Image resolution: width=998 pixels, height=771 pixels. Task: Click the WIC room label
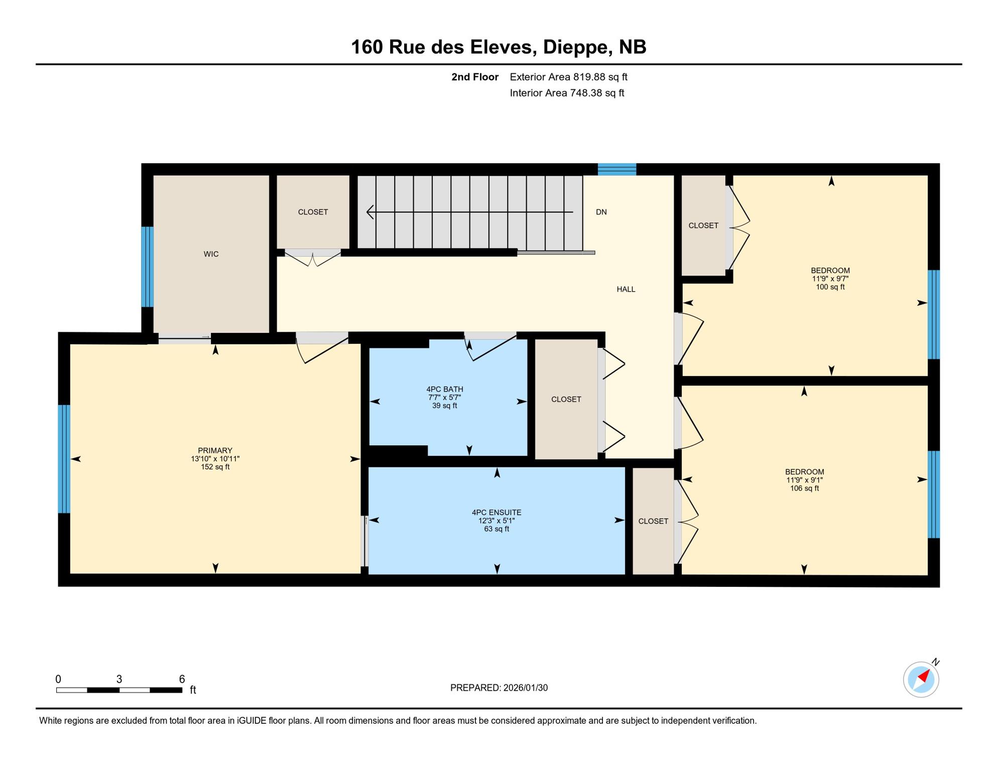tap(211, 254)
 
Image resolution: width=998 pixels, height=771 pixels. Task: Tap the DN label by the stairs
tap(601, 212)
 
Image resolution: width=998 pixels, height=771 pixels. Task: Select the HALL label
tap(626, 289)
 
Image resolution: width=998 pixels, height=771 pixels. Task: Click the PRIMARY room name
tap(215, 450)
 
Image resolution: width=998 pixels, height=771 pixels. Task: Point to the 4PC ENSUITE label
tap(496, 512)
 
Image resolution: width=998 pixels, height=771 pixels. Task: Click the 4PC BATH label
tap(444, 389)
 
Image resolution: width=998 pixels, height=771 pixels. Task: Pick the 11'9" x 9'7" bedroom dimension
tap(830, 279)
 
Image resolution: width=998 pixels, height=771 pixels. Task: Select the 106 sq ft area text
tap(804, 488)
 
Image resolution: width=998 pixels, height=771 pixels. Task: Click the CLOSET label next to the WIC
tap(313, 212)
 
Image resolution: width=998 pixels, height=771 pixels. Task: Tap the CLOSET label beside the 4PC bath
tap(566, 400)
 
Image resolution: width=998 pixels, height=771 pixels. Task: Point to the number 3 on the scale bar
tap(119, 679)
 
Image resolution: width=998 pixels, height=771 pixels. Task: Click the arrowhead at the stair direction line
tap(370, 212)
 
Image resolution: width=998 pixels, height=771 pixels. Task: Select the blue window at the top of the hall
tap(616, 169)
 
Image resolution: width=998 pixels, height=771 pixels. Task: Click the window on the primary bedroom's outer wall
tap(64, 459)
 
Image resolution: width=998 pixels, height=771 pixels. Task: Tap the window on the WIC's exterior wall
tap(147, 267)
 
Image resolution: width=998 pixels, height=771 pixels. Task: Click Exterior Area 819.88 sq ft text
tap(568, 77)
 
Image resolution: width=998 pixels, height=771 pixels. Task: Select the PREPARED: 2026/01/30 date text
tap(498, 688)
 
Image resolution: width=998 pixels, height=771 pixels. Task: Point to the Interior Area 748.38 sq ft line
tap(566, 93)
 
